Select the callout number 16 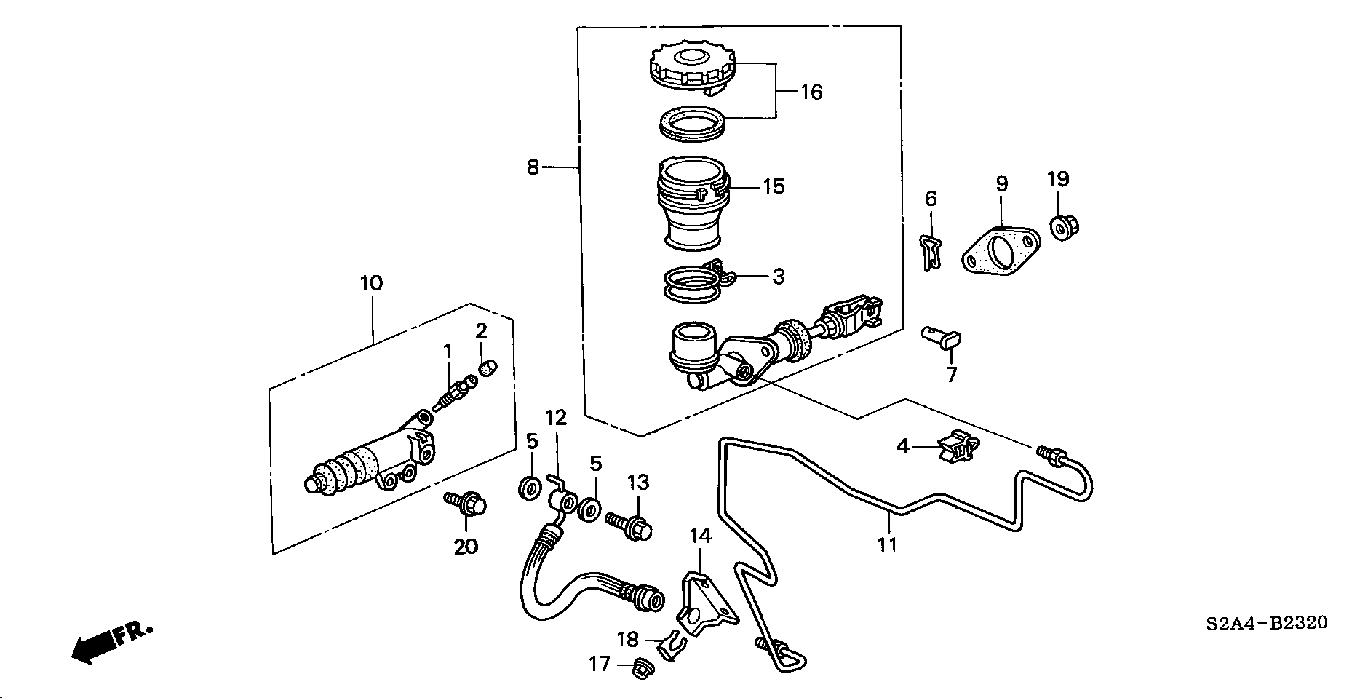tap(811, 92)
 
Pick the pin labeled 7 tap(942, 338)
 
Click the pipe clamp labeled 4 tap(958, 447)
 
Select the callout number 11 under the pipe tap(888, 544)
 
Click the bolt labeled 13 tap(632, 526)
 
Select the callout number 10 tap(371, 283)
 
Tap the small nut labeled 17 tap(642, 667)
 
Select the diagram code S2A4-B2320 tap(1266, 623)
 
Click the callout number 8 tap(533, 168)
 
